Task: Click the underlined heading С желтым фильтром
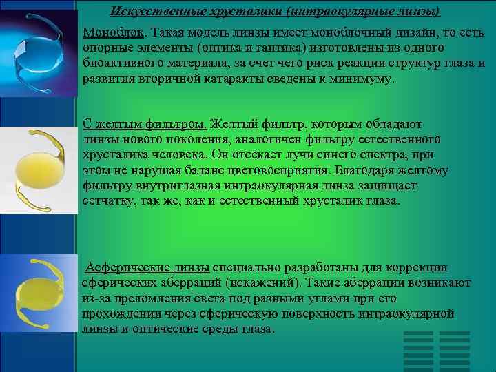144,125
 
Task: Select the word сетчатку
107,201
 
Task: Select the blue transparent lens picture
39,48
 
